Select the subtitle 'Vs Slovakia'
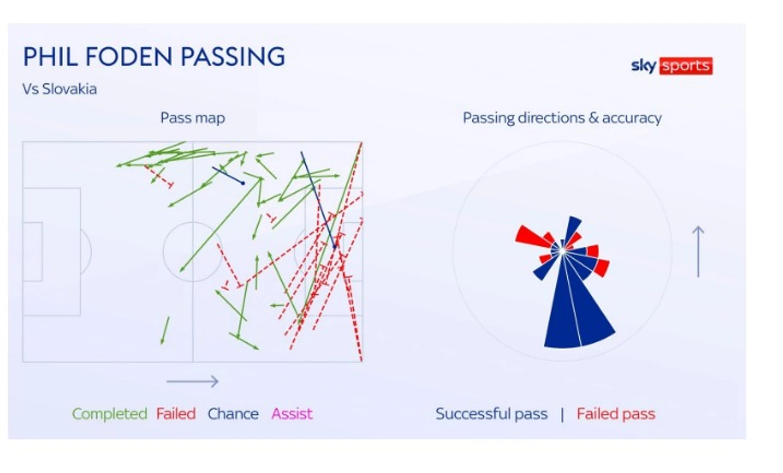(60, 89)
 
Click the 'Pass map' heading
(193, 118)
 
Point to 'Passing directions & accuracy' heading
(562, 118)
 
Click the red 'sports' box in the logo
(686, 66)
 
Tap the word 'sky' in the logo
(644, 66)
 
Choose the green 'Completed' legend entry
(109, 414)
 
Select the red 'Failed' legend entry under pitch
(176, 414)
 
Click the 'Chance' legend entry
(233, 414)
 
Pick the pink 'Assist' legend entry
(292, 414)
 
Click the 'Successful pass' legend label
(491, 414)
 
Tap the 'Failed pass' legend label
(616, 414)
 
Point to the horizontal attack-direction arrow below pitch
(193, 381)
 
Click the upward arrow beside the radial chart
(698, 252)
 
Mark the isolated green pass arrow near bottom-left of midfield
(165, 331)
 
